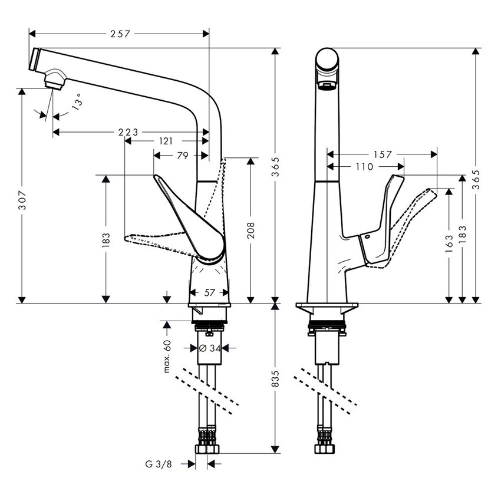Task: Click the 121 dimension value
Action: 166,141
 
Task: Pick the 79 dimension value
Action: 183,156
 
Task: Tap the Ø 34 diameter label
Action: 210,348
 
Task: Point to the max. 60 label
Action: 167,356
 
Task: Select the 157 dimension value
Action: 383,154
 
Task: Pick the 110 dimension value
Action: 364,167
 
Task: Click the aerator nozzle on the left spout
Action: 55,79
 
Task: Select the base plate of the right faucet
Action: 326,309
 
